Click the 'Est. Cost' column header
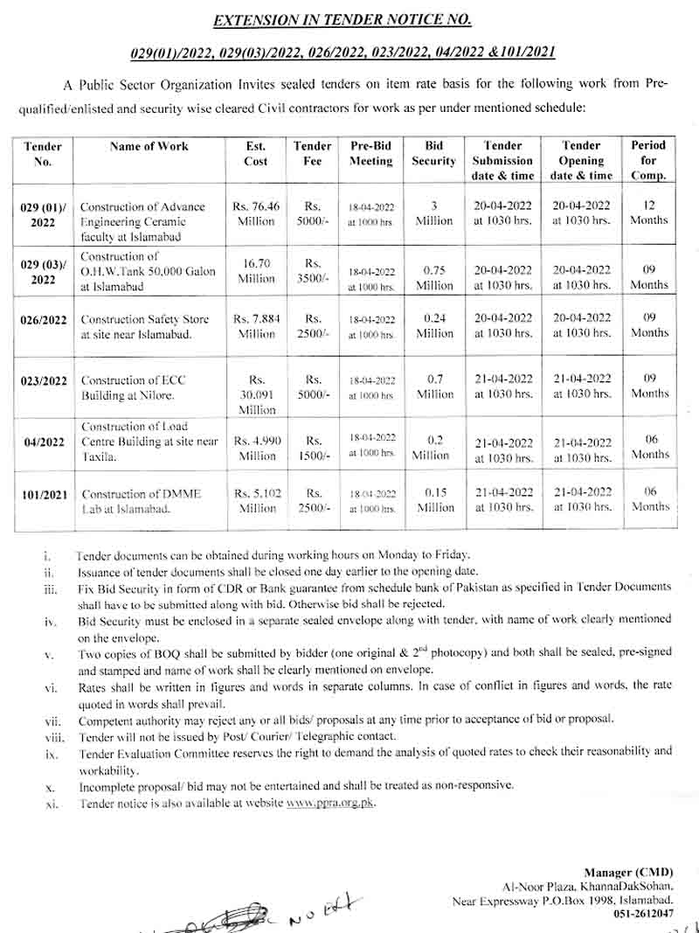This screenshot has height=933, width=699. coord(256,154)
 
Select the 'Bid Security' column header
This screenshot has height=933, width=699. coord(434,154)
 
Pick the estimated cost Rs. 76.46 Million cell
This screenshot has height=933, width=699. coord(256,214)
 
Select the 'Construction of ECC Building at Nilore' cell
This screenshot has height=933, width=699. coord(133,388)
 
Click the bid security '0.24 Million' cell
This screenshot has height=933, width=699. coord(434,326)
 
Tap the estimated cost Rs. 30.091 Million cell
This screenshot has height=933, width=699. coord(256,395)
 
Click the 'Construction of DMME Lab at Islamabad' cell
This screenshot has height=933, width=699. coord(141,501)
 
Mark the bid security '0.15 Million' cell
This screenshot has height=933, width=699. coord(434,500)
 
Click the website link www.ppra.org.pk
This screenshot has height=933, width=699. coord(330,803)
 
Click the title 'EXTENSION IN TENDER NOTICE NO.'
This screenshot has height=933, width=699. coord(343,19)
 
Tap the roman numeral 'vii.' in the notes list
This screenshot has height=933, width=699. coord(52,721)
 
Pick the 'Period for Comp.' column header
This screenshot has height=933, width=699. coord(648,160)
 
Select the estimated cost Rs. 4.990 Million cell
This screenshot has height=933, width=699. coord(256,449)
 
